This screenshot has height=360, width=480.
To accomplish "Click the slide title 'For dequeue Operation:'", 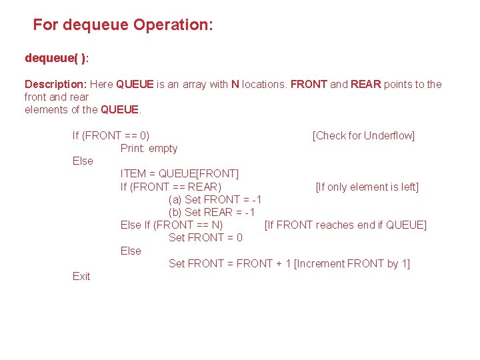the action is [123, 25].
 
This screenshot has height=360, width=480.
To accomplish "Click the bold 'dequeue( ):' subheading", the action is [57, 58].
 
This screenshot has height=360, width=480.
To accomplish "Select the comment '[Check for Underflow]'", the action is [363, 135].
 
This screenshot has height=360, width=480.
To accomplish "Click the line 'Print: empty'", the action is [149, 148].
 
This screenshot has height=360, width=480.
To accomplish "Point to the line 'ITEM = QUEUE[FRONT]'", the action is [179, 174].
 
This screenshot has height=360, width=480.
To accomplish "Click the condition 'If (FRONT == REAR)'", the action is [171, 187].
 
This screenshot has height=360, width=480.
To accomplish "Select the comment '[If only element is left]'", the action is [367, 187].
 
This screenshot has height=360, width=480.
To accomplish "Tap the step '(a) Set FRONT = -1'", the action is [215, 199].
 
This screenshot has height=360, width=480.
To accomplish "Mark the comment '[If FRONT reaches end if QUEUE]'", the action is [345, 225].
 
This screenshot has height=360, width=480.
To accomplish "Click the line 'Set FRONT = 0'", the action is [205, 237].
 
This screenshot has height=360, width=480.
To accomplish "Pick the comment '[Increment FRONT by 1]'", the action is [351, 263].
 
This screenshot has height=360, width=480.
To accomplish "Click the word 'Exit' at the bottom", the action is [81, 276].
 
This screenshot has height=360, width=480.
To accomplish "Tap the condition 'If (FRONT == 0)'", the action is [111, 135].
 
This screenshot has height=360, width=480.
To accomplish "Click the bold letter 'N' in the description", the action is [235, 84].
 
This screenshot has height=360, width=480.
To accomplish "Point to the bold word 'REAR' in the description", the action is [365, 84].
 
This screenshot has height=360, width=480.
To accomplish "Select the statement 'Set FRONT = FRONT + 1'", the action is [229, 263].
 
